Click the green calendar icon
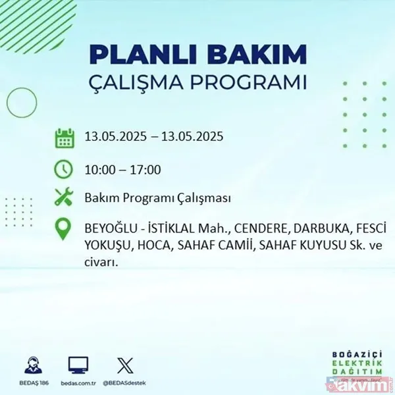[64, 138]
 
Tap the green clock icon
[64, 169]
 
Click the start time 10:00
[99, 170]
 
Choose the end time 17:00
[145, 170]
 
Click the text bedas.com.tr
[78, 381]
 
